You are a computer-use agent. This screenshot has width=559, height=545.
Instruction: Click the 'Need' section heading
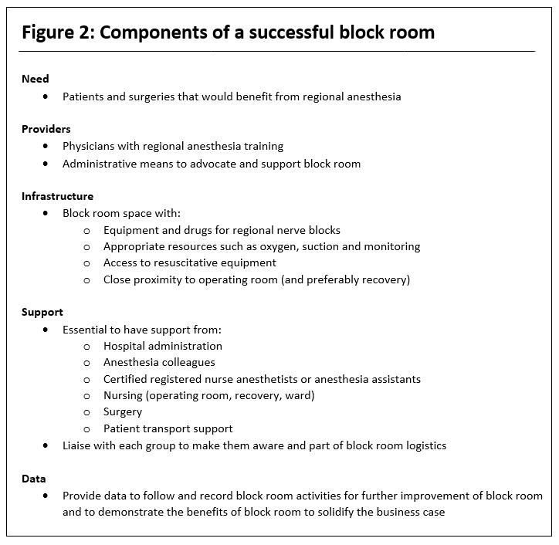tap(35, 80)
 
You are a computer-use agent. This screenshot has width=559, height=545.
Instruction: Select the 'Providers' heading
tap(46, 129)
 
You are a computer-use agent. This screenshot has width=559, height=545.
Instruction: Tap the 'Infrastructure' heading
tap(57, 197)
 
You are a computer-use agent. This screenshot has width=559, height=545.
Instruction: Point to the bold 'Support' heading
tap(42, 313)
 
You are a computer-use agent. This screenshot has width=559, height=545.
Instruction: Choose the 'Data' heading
tap(33, 479)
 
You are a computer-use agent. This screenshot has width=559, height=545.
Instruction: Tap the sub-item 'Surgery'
tap(123, 412)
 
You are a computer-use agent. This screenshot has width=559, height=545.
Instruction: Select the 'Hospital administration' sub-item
tap(163, 347)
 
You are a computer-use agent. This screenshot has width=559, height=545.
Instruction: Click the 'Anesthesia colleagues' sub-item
tap(159, 363)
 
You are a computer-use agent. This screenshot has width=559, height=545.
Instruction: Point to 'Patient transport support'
tap(168, 429)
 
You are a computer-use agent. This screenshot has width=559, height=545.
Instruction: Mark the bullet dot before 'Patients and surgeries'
tap(46, 97)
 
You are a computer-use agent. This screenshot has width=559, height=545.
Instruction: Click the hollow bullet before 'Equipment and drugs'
tap(86, 231)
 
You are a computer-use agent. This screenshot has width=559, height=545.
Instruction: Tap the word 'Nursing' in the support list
tap(125, 396)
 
